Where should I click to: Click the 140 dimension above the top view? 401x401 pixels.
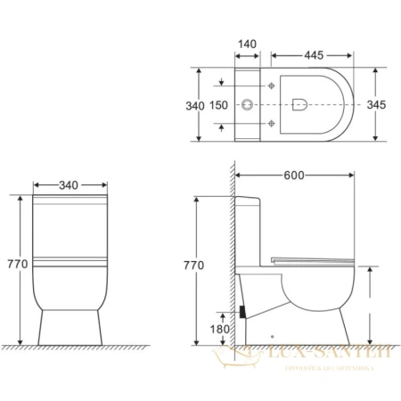[x=249, y=44]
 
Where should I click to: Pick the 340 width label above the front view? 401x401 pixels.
[x=68, y=184]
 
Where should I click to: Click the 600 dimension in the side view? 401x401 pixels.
[x=297, y=176]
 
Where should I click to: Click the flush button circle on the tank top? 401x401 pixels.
[x=248, y=105]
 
